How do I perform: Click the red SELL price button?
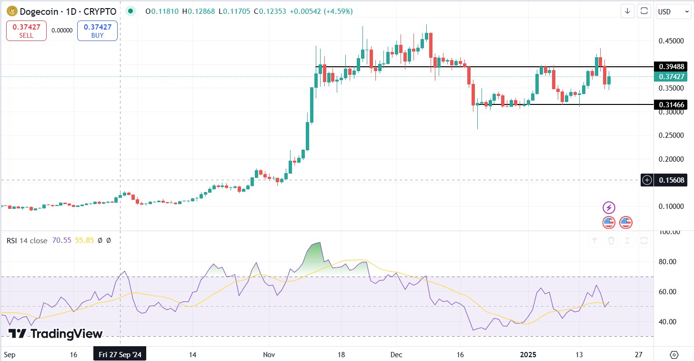click(x=26, y=31)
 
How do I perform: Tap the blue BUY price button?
click(x=97, y=31)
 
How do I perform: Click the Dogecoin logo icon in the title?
click(x=10, y=11)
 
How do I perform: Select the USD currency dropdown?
click(x=673, y=11)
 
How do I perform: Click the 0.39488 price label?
click(x=670, y=66)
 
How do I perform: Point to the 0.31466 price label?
click(x=670, y=104)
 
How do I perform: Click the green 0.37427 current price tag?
click(x=670, y=76)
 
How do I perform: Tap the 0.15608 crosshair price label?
click(x=670, y=180)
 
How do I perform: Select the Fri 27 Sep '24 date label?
click(x=120, y=355)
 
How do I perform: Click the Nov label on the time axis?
click(x=269, y=355)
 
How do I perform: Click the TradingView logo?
click(x=56, y=334)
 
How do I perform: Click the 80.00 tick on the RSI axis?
click(x=667, y=262)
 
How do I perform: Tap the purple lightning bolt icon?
click(x=609, y=207)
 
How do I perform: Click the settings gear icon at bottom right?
click(x=674, y=355)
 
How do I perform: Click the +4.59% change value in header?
click(x=338, y=11)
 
